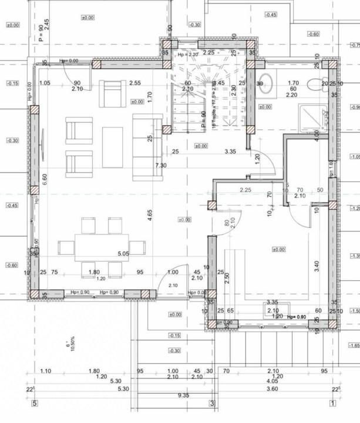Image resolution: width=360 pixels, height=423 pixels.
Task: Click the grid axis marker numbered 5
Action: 34,403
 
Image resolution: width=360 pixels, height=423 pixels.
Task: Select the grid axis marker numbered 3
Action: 212,403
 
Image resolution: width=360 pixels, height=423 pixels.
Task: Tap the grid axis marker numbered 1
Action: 332,403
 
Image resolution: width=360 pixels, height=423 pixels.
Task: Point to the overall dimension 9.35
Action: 184,396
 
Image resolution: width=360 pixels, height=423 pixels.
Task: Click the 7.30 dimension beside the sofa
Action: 160,166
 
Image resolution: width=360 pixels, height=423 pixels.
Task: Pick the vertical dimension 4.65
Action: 150,215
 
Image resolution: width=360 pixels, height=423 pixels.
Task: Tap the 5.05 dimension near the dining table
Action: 123,254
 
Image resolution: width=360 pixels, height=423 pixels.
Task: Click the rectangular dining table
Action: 101,247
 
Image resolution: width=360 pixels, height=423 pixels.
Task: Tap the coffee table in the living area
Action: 112,147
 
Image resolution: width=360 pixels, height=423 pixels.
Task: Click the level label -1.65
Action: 354,346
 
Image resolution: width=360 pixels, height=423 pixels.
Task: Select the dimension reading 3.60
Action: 272,389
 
